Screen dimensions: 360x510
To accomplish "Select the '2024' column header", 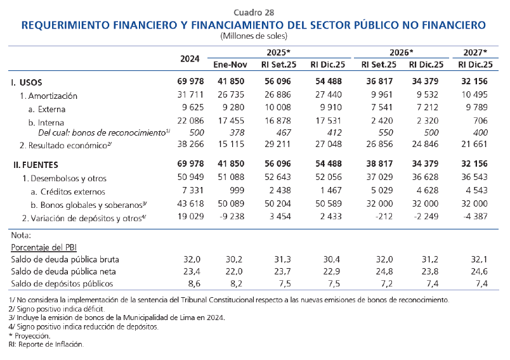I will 190,58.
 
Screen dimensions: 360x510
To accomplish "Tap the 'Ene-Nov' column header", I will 228,65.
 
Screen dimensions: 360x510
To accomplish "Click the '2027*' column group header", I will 476,52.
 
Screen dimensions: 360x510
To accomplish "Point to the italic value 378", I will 236,132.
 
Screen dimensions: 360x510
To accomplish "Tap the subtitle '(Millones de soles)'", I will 254,37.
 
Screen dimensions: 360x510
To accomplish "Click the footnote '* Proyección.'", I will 30,335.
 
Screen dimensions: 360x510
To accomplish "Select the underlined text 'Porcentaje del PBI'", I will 44,247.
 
